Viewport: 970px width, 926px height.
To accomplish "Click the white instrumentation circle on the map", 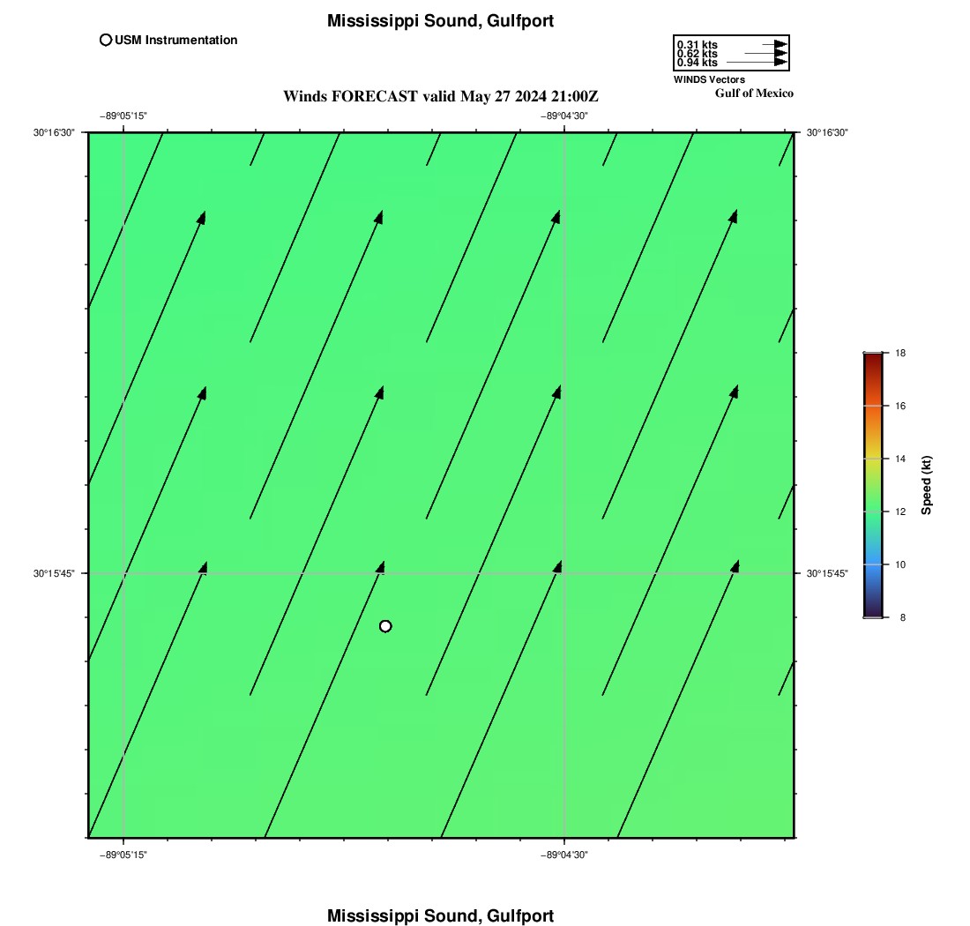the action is click(385, 627).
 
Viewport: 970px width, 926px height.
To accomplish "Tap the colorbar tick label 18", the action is click(900, 354).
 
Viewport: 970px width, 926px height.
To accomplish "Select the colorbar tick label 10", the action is click(900, 564).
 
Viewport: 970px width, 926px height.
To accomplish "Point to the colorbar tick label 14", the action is click(900, 459).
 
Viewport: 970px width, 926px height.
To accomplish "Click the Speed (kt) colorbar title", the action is click(926, 486).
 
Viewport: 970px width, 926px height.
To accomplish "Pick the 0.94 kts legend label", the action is click(698, 63).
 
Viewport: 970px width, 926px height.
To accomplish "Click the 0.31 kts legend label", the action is click(698, 45).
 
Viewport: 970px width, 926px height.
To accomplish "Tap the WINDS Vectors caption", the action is click(709, 79).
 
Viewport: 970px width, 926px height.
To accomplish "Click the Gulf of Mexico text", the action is click(754, 93).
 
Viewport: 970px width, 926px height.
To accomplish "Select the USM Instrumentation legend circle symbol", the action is click(106, 41).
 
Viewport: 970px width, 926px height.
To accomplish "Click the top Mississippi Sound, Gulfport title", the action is click(440, 21).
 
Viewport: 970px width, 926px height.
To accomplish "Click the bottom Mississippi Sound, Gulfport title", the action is click(440, 915).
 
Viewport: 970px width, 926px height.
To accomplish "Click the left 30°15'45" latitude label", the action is click(54, 573).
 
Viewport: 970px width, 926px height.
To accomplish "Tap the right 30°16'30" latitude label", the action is click(827, 132).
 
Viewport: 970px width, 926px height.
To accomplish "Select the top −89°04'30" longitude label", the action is click(564, 116).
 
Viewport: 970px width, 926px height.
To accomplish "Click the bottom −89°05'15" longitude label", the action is click(123, 855).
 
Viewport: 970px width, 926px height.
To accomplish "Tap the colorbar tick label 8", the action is click(903, 617).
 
